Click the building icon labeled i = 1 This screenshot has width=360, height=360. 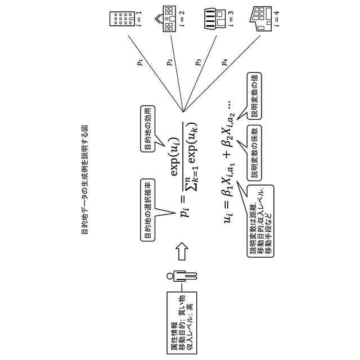pos(122,19)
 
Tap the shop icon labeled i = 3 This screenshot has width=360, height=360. pos(215,19)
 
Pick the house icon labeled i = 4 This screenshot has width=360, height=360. pos(260,19)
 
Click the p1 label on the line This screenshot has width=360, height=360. pos(140,62)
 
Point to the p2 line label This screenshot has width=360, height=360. pos(170,62)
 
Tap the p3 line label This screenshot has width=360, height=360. pos(198,62)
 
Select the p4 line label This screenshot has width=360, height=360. pos(225,62)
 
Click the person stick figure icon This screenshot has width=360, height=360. pos(182,276)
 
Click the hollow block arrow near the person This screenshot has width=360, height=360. pos(182,251)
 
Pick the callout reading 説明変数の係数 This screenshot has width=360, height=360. pos(254,152)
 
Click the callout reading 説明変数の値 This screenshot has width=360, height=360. pos(254,96)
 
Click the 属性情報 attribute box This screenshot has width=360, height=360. pos(182,323)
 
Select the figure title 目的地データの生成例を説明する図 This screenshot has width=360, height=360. pos(84,179)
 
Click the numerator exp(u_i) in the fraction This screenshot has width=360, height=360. pos(174,157)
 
